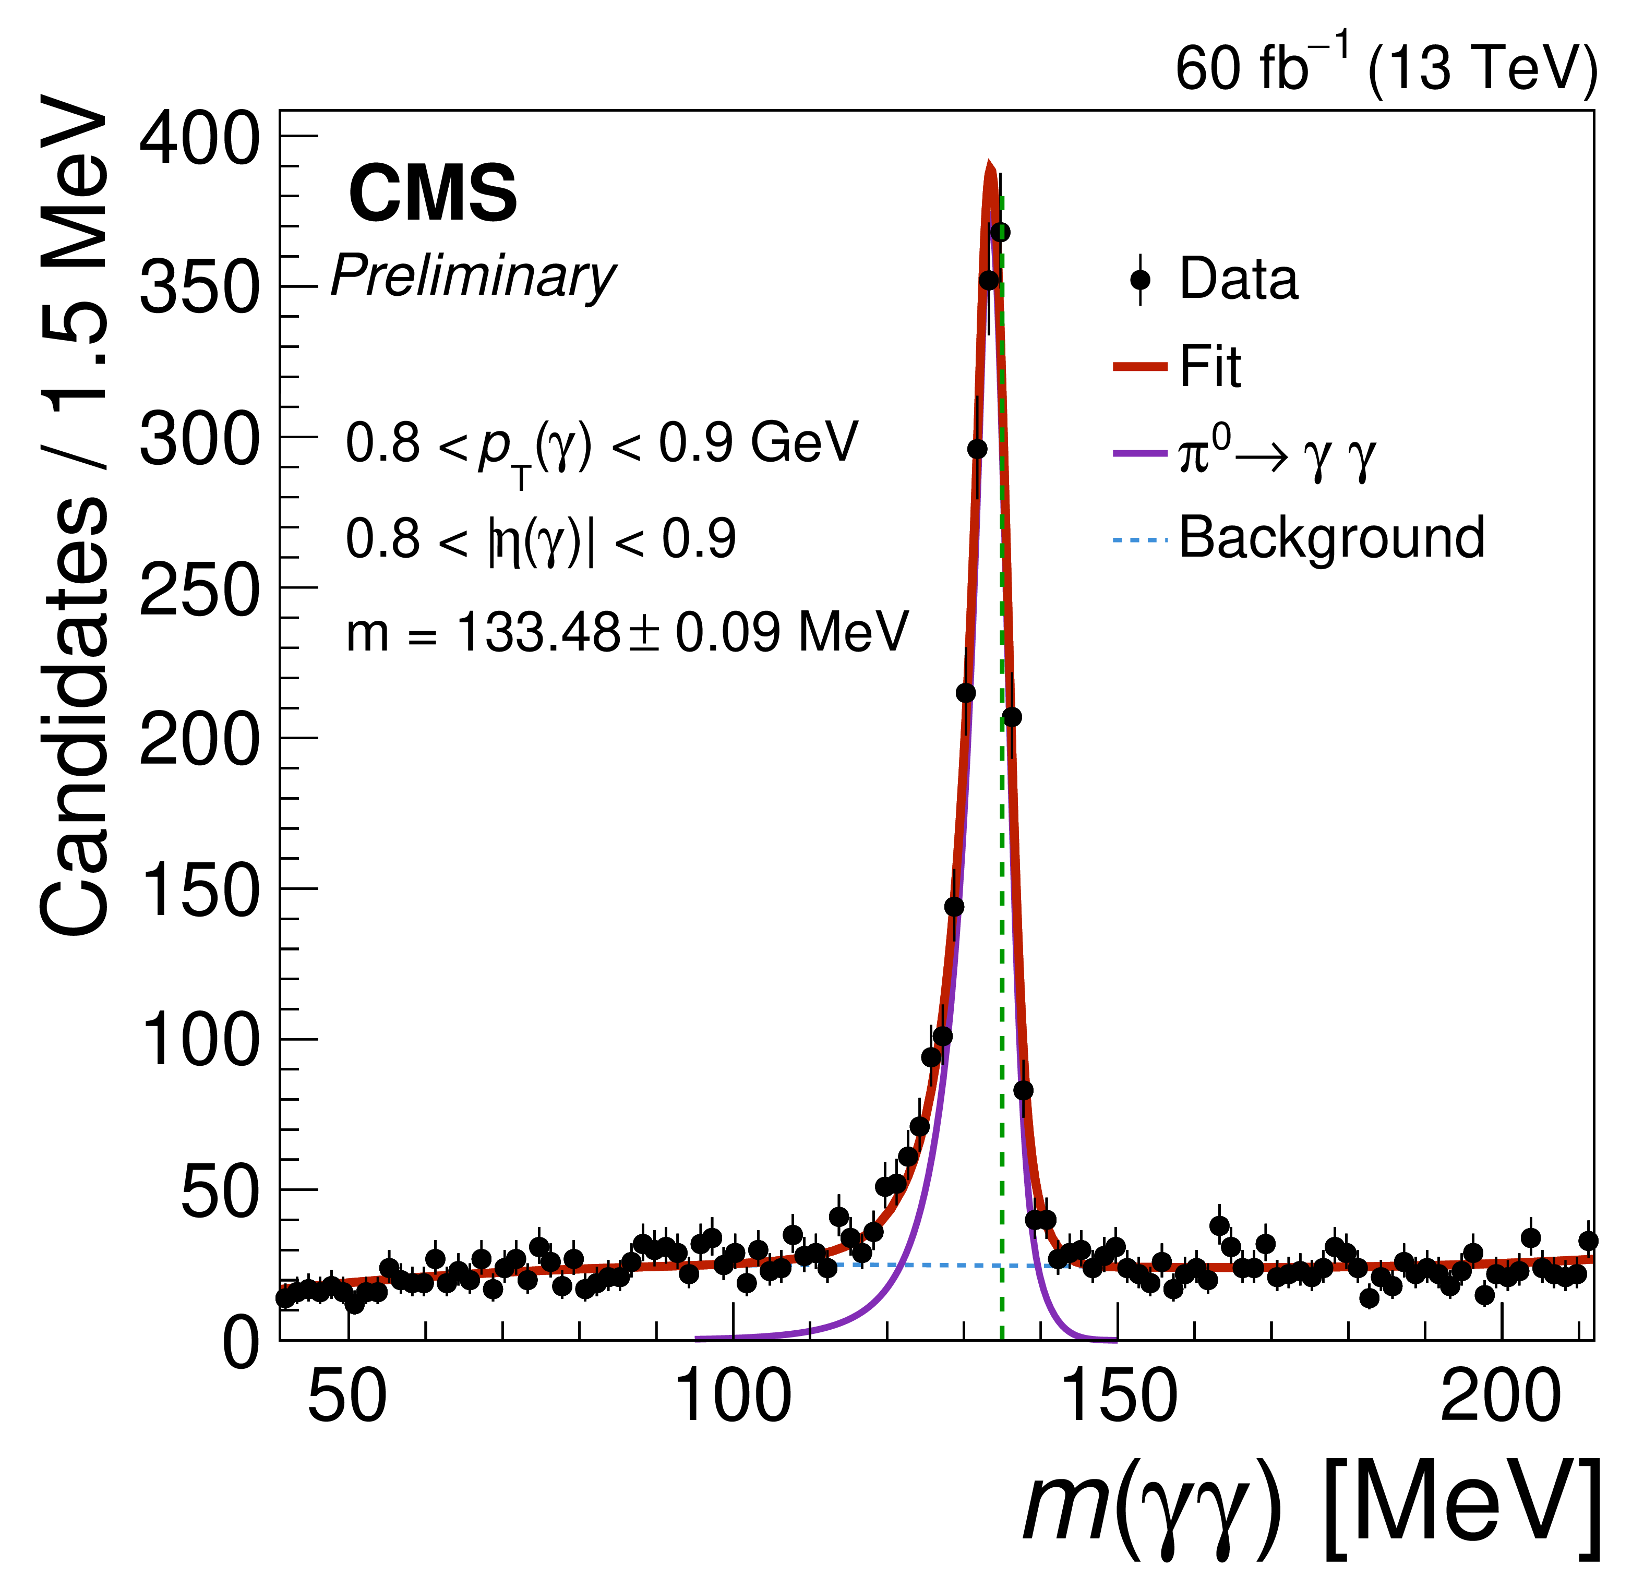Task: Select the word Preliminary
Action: [473, 277]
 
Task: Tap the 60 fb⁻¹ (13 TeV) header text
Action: [1386, 67]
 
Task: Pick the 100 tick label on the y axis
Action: [200, 1041]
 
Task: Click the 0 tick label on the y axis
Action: [240, 1343]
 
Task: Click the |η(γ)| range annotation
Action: [541, 539]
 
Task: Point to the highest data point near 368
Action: [1000, 232]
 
